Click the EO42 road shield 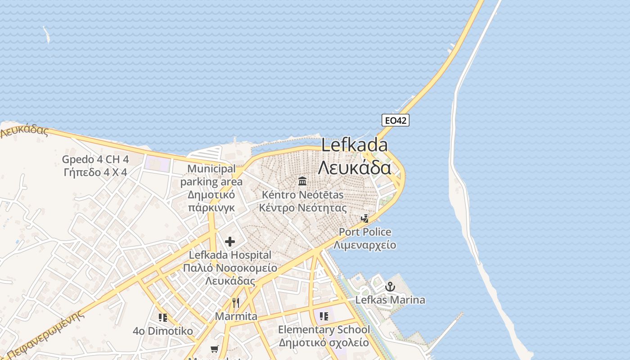[396, 120]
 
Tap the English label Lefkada [355, 145]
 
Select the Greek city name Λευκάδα [355, 167]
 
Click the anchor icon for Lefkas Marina [390, 287]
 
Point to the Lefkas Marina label [390, 300]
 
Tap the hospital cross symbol [230, 242]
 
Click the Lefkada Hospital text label [230, 255]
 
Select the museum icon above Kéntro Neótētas [302, 181]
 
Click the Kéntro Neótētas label [302, 195]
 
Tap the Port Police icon [365, 219]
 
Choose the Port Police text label [365, 232]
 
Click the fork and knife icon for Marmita [236, 302]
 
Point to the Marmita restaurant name [236, 316]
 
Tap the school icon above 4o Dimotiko [163, 318]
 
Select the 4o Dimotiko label [163, 331]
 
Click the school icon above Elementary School [324, 316]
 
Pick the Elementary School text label [324, 330]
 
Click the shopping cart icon [215, 349]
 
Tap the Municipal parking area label [211, 175]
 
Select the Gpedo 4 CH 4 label [95, 159]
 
